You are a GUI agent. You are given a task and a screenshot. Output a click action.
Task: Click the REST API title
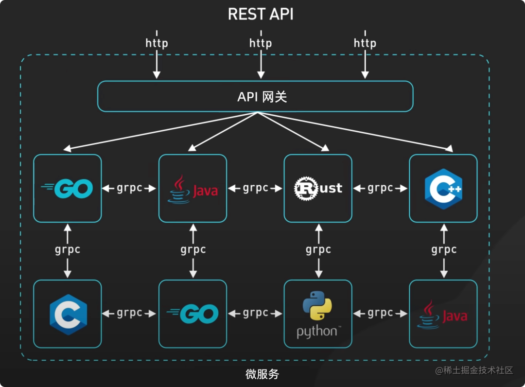261,14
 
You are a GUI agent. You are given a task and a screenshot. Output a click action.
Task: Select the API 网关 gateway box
255,96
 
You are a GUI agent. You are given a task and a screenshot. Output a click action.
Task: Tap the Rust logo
318,188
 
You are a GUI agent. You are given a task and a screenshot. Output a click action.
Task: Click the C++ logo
443,188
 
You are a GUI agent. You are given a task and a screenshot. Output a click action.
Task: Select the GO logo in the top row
68,188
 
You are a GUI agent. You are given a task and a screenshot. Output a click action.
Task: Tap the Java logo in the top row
193,189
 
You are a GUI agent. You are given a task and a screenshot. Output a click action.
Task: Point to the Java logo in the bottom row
443,315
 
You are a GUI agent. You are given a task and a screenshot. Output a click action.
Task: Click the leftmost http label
157,43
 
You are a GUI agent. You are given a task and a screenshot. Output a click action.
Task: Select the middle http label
261,43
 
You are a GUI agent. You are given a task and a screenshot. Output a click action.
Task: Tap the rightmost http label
365,43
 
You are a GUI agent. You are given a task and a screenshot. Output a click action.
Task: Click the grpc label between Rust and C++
380,188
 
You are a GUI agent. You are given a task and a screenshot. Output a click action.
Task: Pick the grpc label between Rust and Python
318,250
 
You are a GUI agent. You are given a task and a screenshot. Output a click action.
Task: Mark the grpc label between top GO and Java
130,188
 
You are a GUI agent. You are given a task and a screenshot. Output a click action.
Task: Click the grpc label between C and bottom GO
130,313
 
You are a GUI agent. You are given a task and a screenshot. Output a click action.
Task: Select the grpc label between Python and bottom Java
380,313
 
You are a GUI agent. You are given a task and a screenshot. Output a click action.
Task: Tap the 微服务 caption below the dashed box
262,374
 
